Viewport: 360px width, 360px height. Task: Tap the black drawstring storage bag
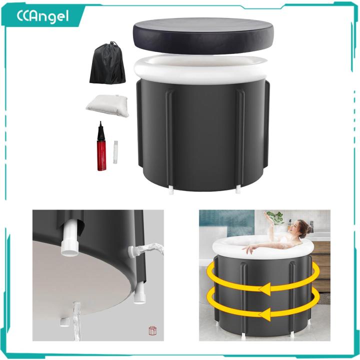[x=106, y=65]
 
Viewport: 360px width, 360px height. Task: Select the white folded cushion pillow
[x=106, y=104]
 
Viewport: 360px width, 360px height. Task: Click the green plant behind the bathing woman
[x=275, y=217]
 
